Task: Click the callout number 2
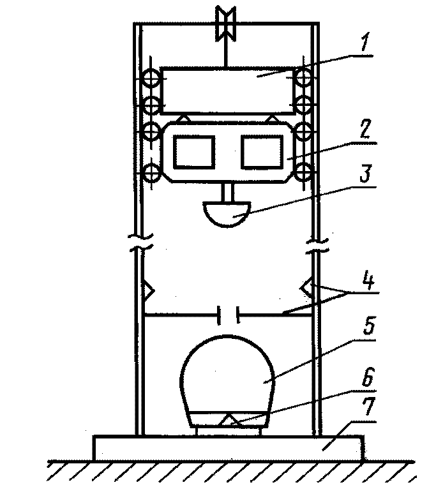point(365,129)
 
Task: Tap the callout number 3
point(365,174)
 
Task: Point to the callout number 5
point(369,326)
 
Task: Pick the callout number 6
point(368,377)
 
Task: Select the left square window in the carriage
point(194,151)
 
